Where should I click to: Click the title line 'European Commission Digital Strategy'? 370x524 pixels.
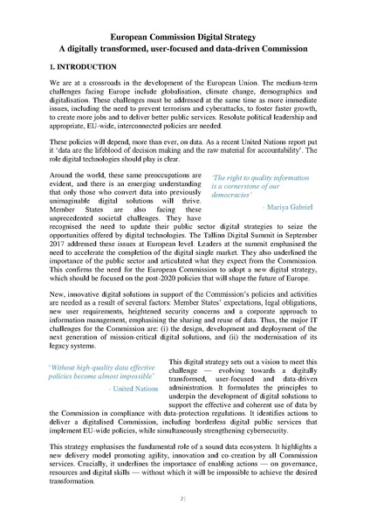[x=185, y=39]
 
